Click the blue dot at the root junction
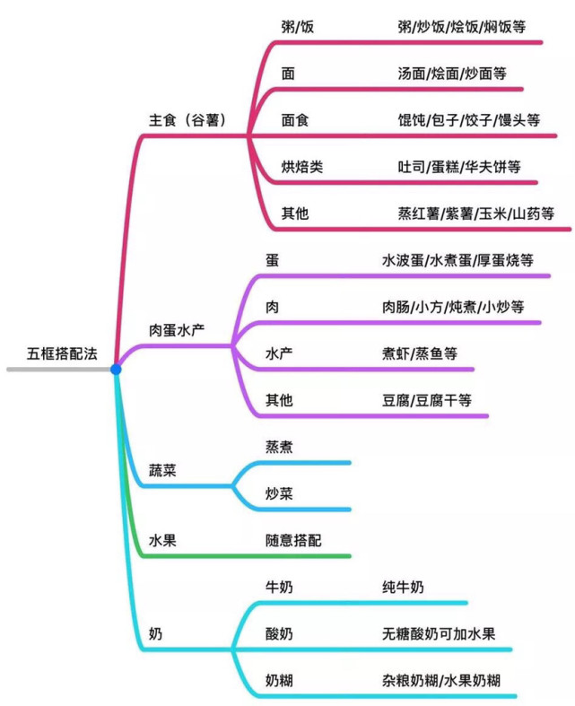tap(116, 370)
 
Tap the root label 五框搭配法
tap(62, 353)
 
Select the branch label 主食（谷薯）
tap(189, 120)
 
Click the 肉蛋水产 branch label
tap(177, 330)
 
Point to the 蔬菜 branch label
tap(162, 470)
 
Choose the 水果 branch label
tap(162, 540)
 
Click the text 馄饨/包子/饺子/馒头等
tap(468, 120)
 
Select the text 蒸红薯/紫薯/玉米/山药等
tap(475, 213)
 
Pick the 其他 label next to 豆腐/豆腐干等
tap(279, 400)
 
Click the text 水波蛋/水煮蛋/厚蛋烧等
tap(457, 260)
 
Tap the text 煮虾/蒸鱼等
tap(420, 353)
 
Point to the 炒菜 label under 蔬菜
tap(279, 493)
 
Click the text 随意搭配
tap(293, 540)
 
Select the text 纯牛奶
tap(403, 587)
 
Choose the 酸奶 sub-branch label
tap(279, 634)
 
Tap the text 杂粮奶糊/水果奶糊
tap(441, 680)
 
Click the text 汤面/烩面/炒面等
tap(451, 74)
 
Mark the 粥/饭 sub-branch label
tap(298, 27)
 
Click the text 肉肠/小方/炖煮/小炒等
tap(453, 307)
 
